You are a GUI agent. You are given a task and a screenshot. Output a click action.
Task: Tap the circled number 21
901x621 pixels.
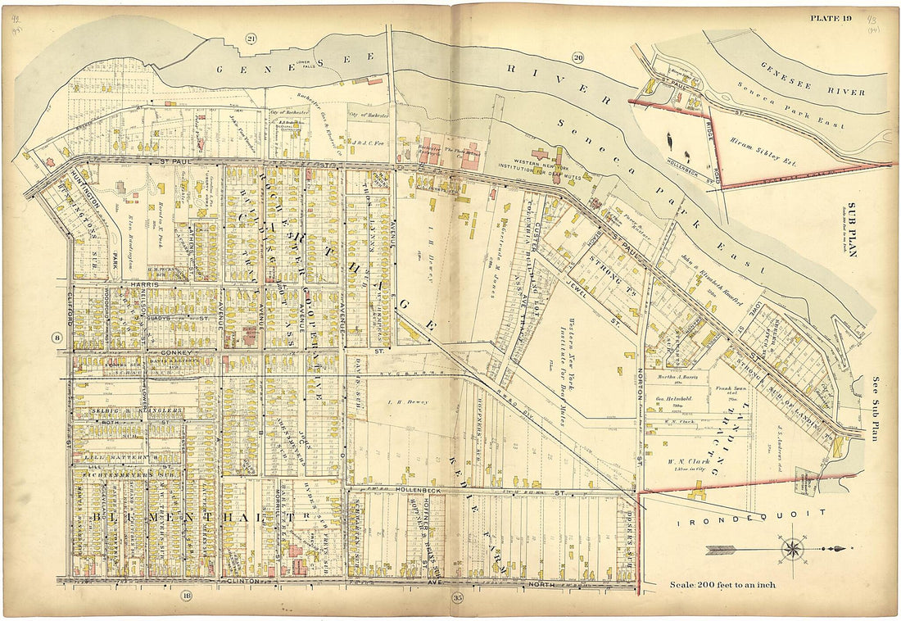(251, 39)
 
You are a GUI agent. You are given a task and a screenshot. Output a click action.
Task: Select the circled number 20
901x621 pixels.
(578, 57)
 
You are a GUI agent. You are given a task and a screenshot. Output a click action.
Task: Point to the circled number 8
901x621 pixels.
(57, 338)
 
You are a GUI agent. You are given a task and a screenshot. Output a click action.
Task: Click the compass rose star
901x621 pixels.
(792, 548)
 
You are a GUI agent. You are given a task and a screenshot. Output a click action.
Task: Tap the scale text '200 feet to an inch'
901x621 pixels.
(721, 584)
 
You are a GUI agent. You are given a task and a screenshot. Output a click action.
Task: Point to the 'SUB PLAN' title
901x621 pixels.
(851, 229)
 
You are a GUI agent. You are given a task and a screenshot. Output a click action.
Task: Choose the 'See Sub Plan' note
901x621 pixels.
(874, 410)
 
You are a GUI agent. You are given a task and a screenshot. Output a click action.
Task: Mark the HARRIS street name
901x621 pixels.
(142, 283)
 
